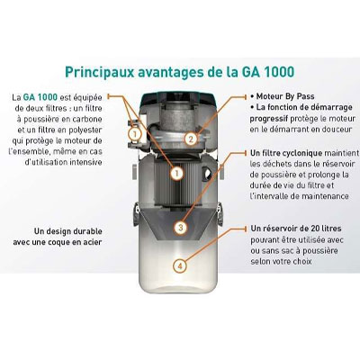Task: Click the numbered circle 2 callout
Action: (x=191, y=139)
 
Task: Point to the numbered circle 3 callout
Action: (x=181, y=228)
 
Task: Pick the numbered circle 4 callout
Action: (x=181, y=265)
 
